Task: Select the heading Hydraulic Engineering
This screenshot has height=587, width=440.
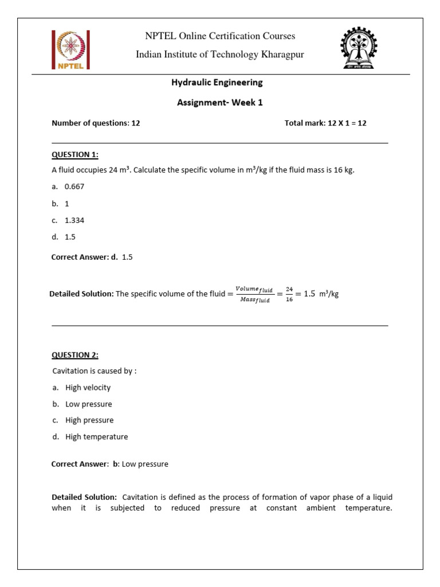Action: (x=217, y=83)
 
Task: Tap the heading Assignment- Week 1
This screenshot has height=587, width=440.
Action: (x=217, y=103)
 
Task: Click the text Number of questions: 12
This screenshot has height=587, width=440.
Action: (x=96, y=123)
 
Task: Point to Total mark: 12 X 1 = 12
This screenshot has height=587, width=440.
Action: (x=325, y=123)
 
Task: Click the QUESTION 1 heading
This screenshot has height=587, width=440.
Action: (x=75, y=154)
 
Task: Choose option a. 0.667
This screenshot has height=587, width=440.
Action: (x=68, y=187)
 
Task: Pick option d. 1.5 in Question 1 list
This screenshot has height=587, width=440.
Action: (x=64, y=237)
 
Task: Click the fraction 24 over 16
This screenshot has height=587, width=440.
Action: (x=289, y=294)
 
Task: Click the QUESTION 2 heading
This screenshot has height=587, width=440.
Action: (x=75, y=355)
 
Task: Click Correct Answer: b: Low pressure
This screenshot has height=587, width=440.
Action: (x=110, y=464)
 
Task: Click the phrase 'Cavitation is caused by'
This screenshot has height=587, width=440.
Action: (x=94, y=371)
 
